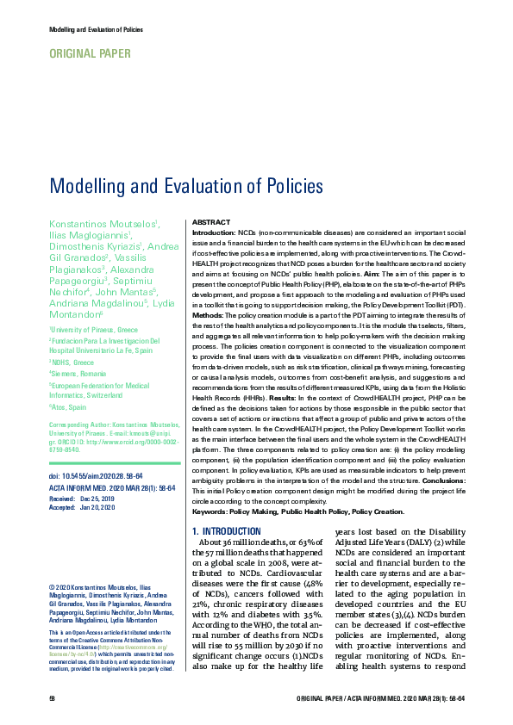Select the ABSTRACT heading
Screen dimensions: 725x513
pyautogui.click(x=210, y=221)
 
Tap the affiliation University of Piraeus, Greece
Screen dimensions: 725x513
pyautogui.click(x=94, y=330)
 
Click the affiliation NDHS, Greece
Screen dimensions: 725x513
pyautogui.click(x=74, y=362)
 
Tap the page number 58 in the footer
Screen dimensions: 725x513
pyautogui.click(x=53, y=697)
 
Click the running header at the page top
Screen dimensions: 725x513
pyautogui.click(x=97, y=30)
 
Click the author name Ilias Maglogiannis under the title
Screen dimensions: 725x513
pyautogui.click(x=90, y=234)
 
